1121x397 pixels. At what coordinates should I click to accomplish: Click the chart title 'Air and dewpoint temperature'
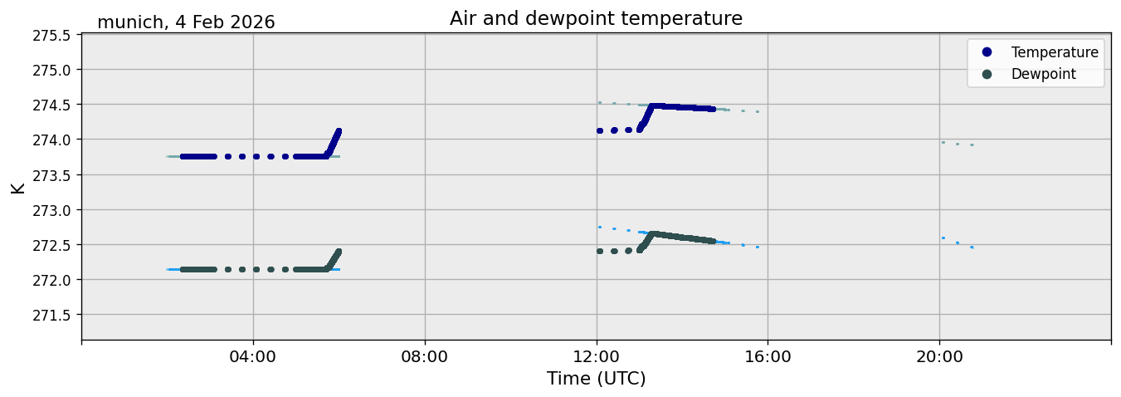point(596,18)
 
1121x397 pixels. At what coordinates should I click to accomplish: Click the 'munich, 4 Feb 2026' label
point(186,22)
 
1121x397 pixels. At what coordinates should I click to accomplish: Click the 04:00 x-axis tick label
point(253,357)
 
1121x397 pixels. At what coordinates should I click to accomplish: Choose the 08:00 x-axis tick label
point(425,357)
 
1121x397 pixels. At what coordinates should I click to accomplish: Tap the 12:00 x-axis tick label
point(597,357)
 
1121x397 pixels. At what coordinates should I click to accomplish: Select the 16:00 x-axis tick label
point(768,357)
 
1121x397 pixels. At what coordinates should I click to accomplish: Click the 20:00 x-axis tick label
point(939,357)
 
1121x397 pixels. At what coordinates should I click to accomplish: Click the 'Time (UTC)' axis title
point(596,379)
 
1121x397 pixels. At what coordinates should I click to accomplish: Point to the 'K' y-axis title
point(18,189)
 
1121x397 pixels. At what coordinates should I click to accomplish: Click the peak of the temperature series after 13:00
point(652,106)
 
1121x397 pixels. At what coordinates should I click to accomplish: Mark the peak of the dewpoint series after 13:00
point(652,233)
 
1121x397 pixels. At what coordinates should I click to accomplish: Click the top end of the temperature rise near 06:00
point(339,131)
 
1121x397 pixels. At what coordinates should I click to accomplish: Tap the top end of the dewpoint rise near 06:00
point(339,252)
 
